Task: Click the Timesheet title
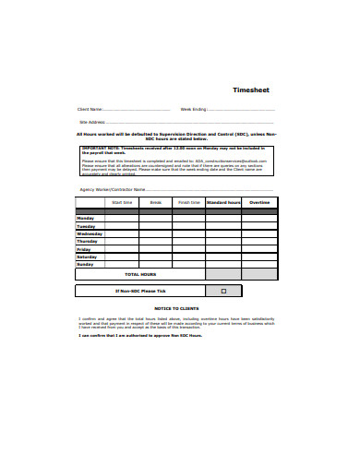pyautogui.click(x=249, y=90)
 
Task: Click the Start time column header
pyautogui.click(x=122, y=202)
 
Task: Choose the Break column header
pyautogui.click(x=155, y=202)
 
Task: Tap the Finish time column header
pyautogui.click(x=188, y=202)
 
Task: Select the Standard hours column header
pyautogui.click(x=222, y=202)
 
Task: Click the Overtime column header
pyautogui.click(x=259, y=202)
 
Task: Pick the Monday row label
pyautogui.click(x=85, y=218)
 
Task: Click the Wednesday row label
pyautogui.click(x=89, y=233)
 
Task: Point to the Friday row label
pyautogui.click(x=83, y=249)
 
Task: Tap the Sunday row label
pyautogui.click(x=85, y=265)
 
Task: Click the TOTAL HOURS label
pyautogui.click(x=140, y=274)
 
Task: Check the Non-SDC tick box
pyautogui.click(x=222, y=291)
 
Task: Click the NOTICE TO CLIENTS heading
pyautogui.click(x=175, y=307)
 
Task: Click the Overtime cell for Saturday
pyautogui.click(x=259, y=257)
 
